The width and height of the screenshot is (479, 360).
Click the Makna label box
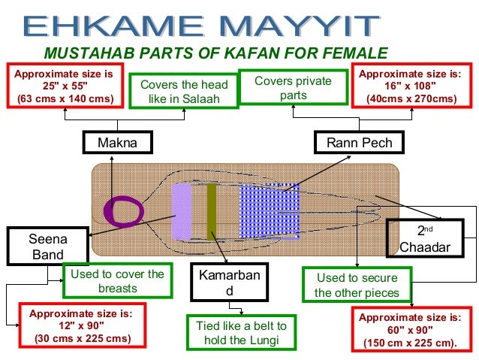[117, 143]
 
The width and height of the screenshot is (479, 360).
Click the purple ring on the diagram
[124, 211]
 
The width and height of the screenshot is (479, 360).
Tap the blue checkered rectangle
[269, 211]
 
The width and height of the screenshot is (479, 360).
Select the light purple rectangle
[181, 211]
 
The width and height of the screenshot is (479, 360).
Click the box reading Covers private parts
[293, 88]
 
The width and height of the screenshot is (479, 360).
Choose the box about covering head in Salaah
[185, 91]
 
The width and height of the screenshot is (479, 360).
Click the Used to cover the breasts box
[117, 280]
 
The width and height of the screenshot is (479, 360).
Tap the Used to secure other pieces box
[357, 285]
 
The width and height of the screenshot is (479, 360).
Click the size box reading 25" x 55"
[65, 86]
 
